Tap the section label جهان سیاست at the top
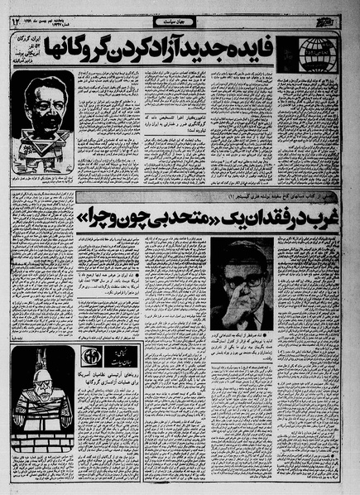(x=179, y=16)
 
